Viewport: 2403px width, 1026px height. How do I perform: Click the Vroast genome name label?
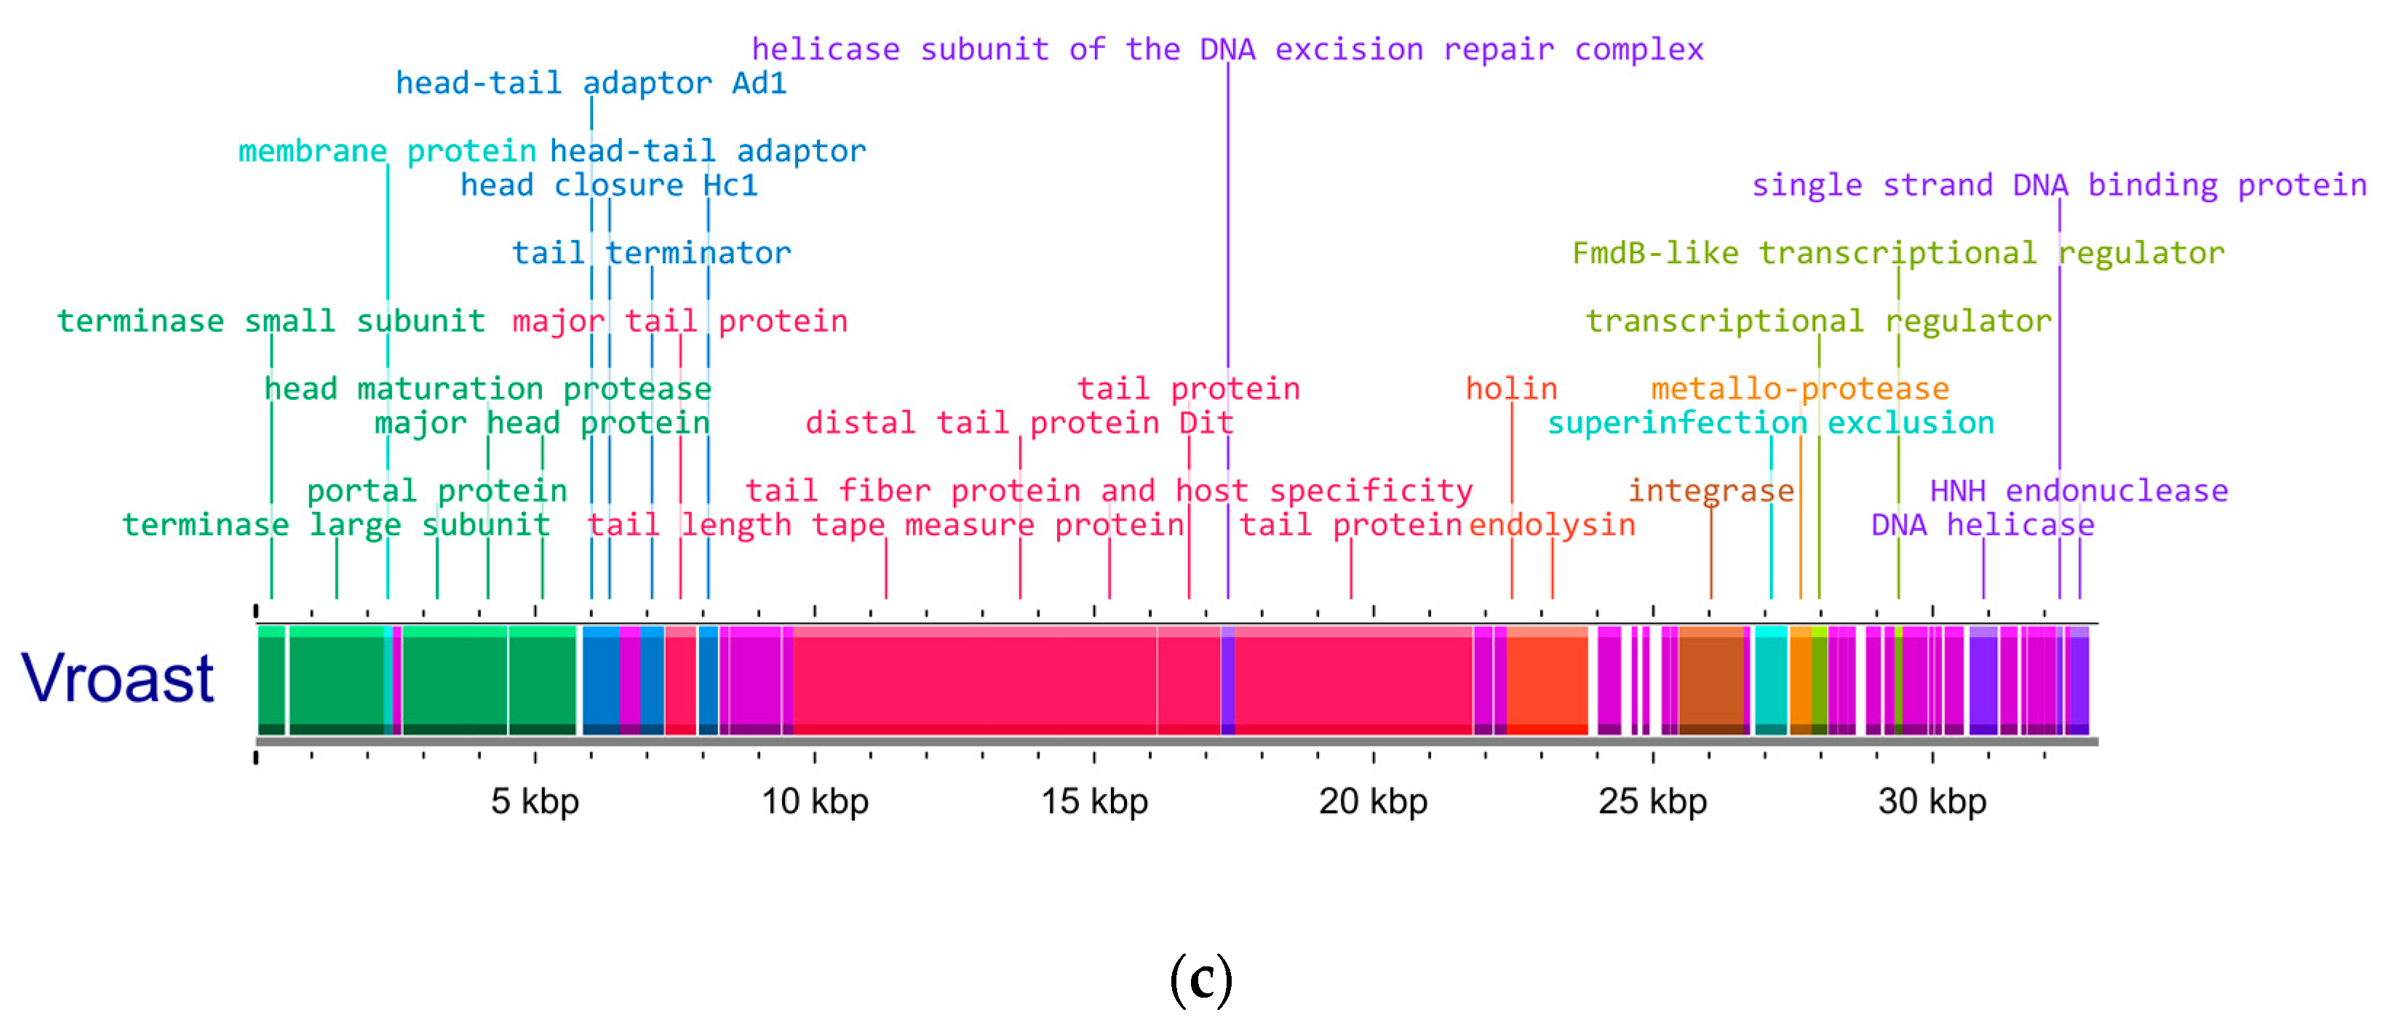click(x=118, y=678)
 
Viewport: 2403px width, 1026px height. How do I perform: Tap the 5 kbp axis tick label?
click(x=535, y=802)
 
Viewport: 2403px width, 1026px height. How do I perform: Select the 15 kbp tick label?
click(x=1093, y=802)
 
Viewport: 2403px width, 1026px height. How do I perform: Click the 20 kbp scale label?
click(x=1372, y=802)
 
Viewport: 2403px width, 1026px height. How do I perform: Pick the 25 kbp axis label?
click(x=1652, y=802)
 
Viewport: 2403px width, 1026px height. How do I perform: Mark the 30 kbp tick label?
click(x=1931, y=802)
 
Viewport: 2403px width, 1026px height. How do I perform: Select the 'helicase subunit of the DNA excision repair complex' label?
click(x=1227, y=49)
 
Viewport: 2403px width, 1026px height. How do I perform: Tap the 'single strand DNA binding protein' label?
click(x=2058, y=185)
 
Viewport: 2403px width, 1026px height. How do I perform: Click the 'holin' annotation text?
click(x=1511, y=389)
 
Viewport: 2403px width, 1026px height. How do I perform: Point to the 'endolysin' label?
click(x=1553, y=525)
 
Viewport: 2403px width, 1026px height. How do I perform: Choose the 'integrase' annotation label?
click(x=1711, y=492)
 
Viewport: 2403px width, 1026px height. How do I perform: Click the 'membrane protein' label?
click(x=387, y=151)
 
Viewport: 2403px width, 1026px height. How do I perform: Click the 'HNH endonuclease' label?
click(x=2079, y=492)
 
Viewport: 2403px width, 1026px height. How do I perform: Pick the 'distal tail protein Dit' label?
click(x=1019, y=423)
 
